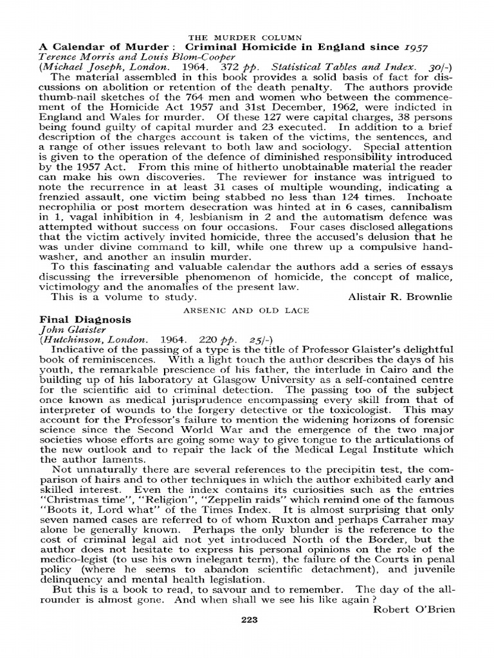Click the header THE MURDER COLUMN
coord(248,37)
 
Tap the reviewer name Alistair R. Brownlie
coord(400,297)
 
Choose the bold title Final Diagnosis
coord(86,319)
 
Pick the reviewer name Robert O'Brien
coord(414,609)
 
